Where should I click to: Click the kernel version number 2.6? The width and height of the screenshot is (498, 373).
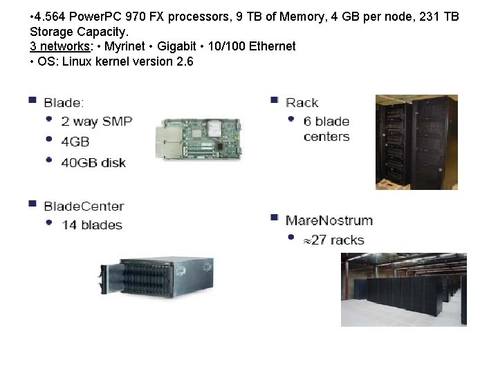[185, 61]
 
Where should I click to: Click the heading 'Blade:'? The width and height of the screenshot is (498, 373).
[64, 103]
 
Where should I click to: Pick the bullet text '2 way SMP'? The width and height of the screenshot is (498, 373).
[96, 121]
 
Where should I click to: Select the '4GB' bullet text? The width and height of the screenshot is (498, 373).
[75, 142]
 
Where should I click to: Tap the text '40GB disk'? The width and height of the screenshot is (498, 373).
[93, 162]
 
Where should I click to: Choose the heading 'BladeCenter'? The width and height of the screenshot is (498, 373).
[84, 206]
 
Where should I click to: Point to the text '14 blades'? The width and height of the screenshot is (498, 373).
[92, 224]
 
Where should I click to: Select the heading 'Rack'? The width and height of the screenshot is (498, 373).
[302, 103]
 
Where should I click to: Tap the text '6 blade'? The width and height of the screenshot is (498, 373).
[326, 121]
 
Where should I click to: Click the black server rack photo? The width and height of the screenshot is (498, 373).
[416, 142]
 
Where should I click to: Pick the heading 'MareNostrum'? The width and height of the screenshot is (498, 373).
[329, 220]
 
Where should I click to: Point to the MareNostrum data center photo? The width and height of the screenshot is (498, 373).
[403, 289]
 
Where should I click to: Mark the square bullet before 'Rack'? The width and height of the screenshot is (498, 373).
[275, 100]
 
